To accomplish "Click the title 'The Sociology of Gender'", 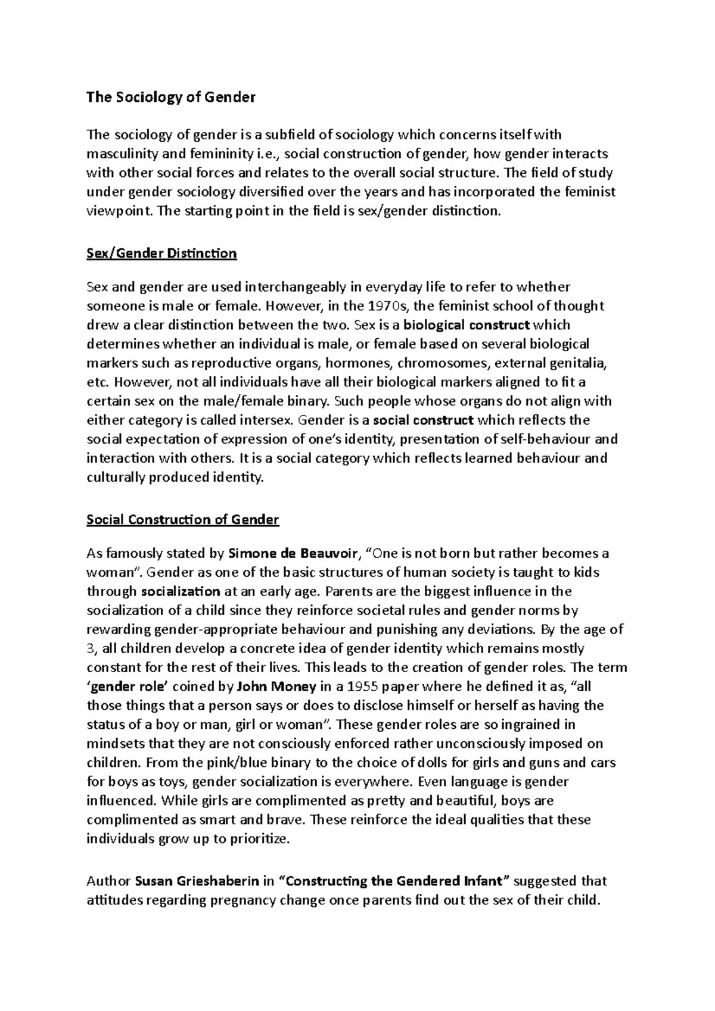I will pos(170,97).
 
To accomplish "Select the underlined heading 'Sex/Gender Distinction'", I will pos(161,254).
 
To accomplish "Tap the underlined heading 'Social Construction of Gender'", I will pos(182,520).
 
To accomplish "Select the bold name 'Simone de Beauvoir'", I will pos(294,554).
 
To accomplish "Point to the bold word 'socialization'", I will pos(181,592).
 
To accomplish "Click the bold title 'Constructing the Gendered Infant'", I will pos(394,881).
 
